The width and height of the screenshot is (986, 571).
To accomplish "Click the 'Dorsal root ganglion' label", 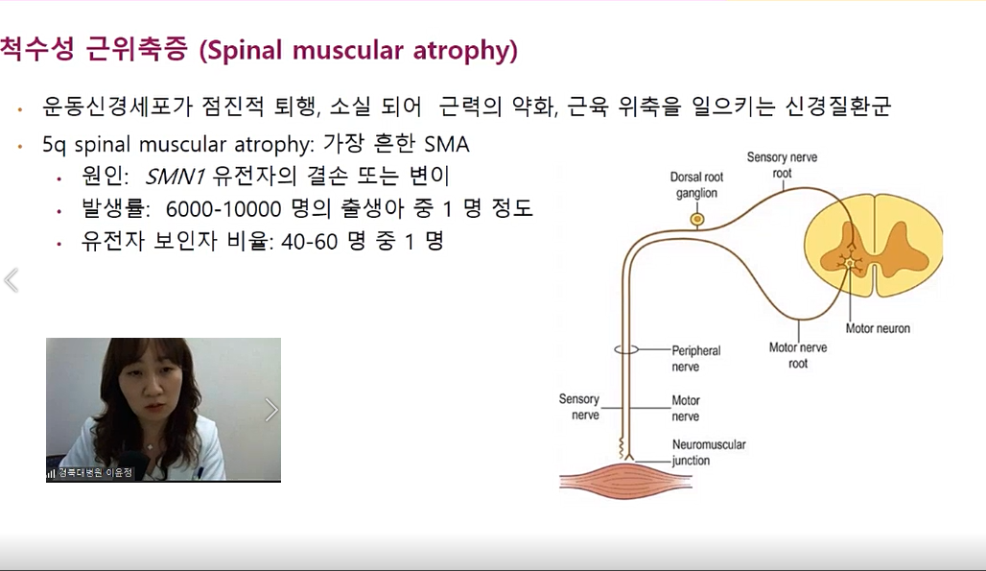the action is click(696, 185).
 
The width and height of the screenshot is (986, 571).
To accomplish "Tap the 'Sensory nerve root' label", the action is click(783, 165).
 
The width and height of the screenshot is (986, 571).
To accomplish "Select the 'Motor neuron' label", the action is click(878, 328).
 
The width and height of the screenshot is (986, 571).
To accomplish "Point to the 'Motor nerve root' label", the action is click(798, 355).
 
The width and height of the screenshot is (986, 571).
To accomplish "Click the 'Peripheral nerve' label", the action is click(696, 359).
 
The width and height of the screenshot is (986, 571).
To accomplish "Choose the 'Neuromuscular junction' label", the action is click(709, 452).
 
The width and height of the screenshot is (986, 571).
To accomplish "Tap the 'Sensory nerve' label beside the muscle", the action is click(579, 407).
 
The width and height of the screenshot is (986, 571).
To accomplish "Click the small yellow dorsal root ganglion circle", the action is click(696, 220).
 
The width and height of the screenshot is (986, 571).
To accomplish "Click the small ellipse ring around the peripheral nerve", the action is click(626, 349).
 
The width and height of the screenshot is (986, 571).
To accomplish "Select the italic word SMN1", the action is click(175, 177).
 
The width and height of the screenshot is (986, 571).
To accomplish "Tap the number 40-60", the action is click(310, 242).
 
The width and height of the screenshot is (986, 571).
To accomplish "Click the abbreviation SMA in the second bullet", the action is click(446, 144).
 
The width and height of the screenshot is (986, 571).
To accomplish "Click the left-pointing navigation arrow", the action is click(12, 280).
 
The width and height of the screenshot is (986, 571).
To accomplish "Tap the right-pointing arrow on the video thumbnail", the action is click(271, 410).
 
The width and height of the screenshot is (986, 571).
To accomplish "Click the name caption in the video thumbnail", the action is click(95, 472).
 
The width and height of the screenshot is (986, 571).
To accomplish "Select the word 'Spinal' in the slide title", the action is click(246, 50).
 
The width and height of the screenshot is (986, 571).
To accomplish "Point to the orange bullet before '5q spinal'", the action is click(21, 147).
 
